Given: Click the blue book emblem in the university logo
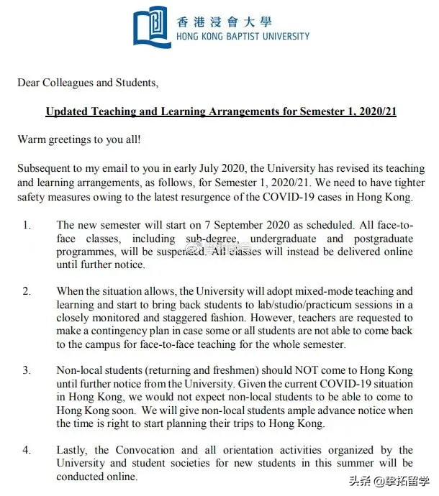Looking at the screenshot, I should (x=152, y=27).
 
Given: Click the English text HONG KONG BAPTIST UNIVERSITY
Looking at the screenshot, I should (x=243, y=36).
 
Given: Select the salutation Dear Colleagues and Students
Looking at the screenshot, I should (x=87, y=83).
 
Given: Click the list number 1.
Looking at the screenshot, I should (x=26, y=225).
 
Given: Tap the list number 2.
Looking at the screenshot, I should (x=26, y=291).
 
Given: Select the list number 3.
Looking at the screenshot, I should (x=26, y=370).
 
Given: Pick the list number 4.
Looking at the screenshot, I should (x=26, y=450).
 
